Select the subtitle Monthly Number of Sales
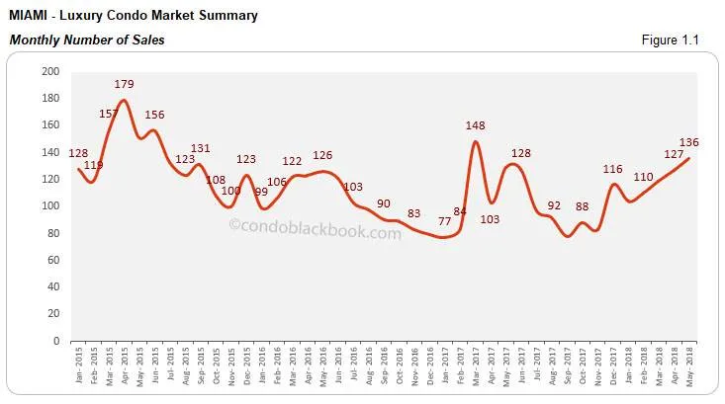86,40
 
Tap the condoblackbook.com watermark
316,234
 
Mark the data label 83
414,213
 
